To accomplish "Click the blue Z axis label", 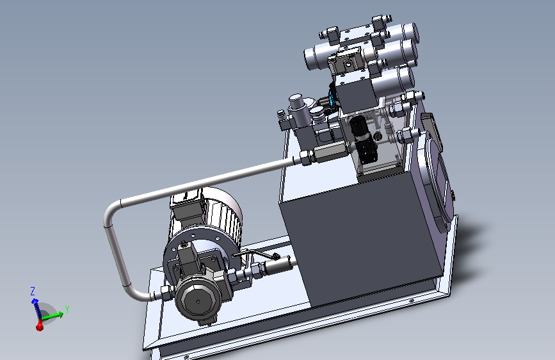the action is [x=33, y=291].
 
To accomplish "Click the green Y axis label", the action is [x=67, y=309].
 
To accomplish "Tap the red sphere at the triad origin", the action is [x=40, y=327].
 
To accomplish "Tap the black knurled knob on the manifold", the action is [x=358, y=126].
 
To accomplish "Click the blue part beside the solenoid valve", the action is [x=332, y=95].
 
